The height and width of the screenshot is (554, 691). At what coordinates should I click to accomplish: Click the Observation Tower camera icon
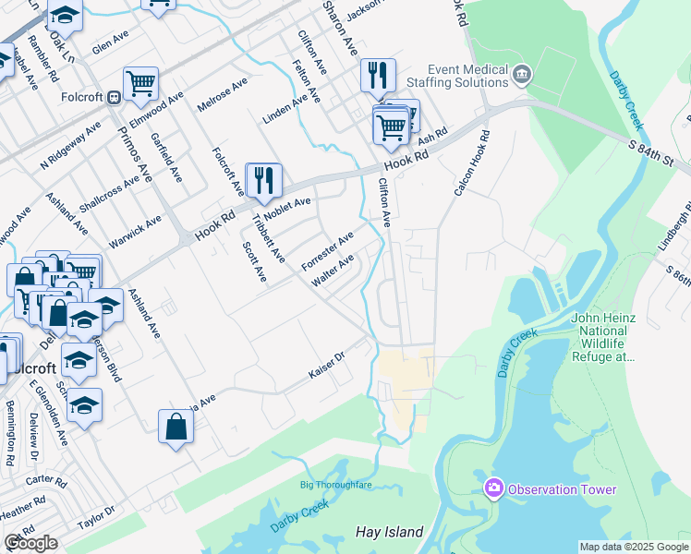493,488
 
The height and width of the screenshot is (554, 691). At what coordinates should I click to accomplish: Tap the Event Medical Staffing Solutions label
468,76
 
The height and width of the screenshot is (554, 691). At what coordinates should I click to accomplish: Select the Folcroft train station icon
114,96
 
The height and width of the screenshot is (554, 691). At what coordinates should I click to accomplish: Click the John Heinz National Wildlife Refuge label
605,337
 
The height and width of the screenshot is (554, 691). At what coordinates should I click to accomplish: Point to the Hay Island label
389,532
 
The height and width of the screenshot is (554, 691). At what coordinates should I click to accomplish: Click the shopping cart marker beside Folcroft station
140,85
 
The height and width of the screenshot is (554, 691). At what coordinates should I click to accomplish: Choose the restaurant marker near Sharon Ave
377,77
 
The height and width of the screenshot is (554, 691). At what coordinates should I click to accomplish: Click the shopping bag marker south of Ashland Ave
176,428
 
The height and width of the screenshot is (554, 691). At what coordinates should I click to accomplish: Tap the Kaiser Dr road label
325,378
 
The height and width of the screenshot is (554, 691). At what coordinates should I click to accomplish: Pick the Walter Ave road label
333,271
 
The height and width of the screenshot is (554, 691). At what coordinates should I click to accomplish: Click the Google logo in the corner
30,543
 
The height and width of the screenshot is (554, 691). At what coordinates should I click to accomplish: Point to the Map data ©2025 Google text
634,547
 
